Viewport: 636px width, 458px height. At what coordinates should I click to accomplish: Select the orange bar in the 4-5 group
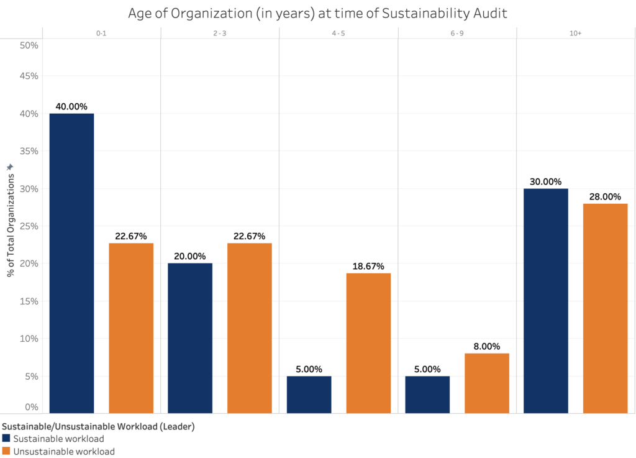pyautogui.click(x=368, y=342)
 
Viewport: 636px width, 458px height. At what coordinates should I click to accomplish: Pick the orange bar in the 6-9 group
pyautogui.click(x=487, y=383)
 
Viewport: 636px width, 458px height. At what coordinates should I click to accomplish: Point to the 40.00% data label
pyautogui.click(x=71, y=107)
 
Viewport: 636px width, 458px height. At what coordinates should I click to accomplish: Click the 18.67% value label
pyautogui.click(x=368, y=267)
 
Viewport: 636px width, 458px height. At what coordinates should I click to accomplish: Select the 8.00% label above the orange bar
pyautogui.click(x=487, y=347)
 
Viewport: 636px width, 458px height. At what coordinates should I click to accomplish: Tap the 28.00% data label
pyautogui.click(x=605, y=197)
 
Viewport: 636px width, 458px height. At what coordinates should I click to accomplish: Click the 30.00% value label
pyautogui.click(x=546, y=182)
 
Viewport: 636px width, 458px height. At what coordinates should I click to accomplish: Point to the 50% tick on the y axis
pyautogui.click(x=29, y=45)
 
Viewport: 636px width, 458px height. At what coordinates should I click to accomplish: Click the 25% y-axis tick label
pyautogui.click(x=29, y=226)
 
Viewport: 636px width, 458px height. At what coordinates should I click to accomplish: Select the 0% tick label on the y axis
pyautogui.click(x=32, y=407)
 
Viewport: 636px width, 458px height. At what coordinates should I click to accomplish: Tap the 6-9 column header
pyautogui.click(x=457, y=34)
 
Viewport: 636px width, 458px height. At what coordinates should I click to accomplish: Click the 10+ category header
pyautogui.click(x=575, y=34)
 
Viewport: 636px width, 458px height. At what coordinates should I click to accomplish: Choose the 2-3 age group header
pyautogui.click(x=220, y=34)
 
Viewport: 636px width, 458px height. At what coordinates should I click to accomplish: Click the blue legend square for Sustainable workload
pyautogui.click(x=6, y=439)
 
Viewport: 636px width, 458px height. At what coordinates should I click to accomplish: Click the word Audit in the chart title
pyautogui.click(x=491, y=13)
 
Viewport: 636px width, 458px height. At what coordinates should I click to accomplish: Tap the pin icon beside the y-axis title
pyautogui.click(x=9, y=168)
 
